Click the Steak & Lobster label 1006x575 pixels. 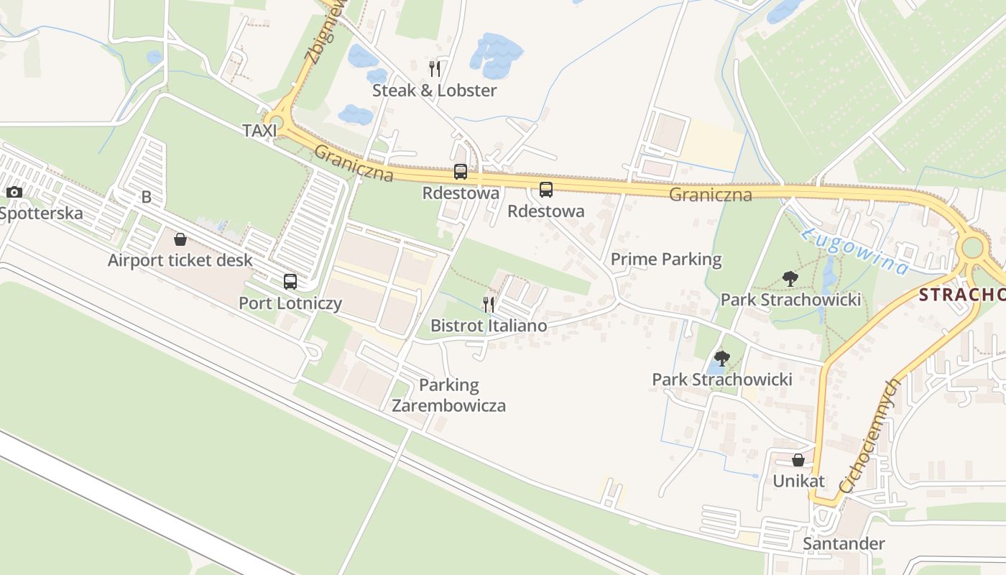pos(434,91)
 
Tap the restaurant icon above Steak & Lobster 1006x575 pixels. pos(434,69)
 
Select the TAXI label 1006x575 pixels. pos(259,131)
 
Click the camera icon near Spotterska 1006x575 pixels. pos(14,192)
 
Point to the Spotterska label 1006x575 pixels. pos(42,213)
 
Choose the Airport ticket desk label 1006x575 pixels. pos(180,260)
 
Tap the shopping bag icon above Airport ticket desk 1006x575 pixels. pos(180,239)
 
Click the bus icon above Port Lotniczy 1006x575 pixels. pos(290,282)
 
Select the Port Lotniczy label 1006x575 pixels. pos(290,303)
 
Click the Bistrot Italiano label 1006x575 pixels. pos(489,326)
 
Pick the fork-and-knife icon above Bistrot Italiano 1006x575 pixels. pos(489,305)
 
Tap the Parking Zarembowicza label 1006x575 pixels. pos(448,395)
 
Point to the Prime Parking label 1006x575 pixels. pos(666,259)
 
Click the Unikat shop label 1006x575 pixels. pos(798,481)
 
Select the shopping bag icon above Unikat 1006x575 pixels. pos(798,460)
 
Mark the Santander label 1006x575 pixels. pos(844,543)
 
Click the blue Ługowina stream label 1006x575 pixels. pos(855,252)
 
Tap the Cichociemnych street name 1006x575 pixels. pos(869,436)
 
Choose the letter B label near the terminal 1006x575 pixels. pos(147,197)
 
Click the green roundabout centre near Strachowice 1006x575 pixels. pos(972,248)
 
